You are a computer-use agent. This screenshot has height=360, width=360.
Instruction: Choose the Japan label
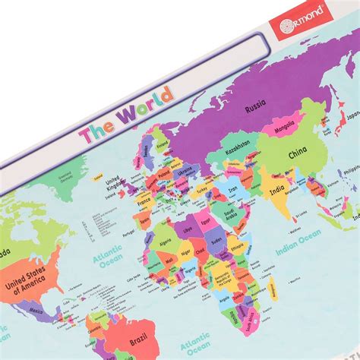point(349,118)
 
